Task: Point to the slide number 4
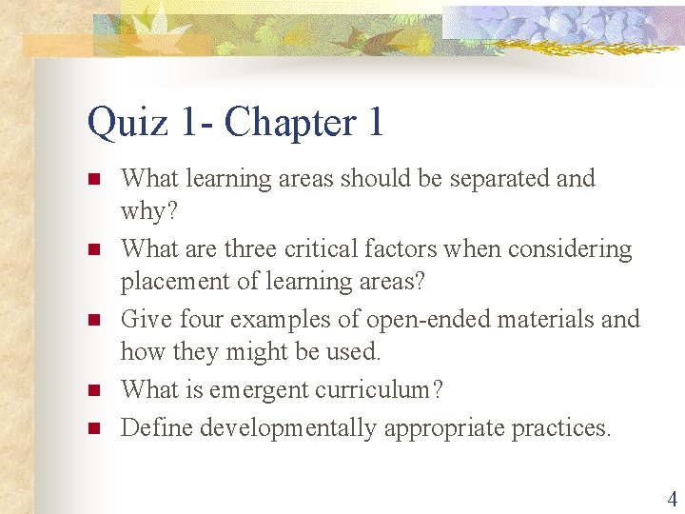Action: click(x=673, y=499)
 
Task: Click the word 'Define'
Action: click(x=154, y=428)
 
